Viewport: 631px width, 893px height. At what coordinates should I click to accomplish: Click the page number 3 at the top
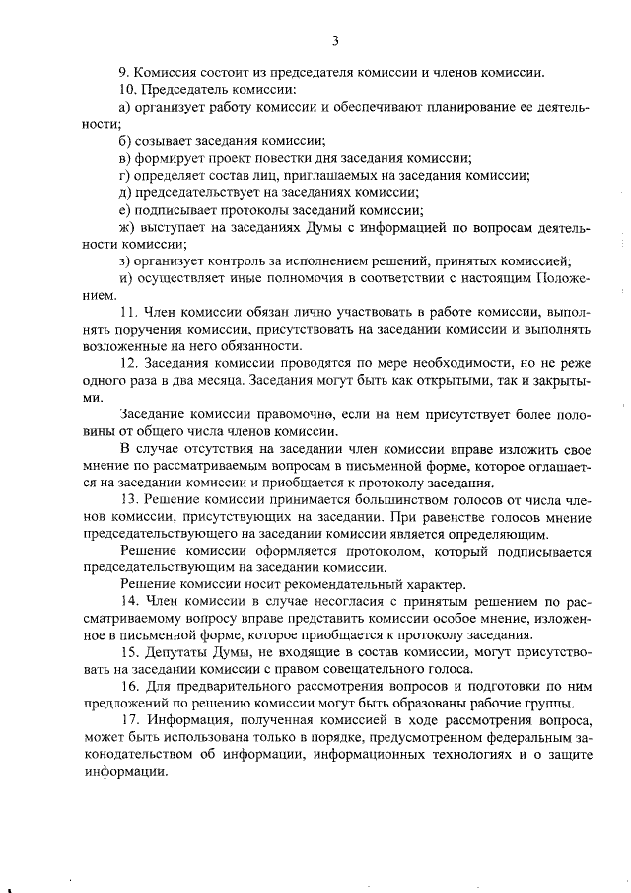336,40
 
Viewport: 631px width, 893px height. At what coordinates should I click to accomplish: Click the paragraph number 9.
122,72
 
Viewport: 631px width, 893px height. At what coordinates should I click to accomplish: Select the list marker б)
124,141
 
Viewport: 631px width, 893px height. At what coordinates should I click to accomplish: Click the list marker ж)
125,227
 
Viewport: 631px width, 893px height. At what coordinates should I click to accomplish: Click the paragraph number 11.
126,313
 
